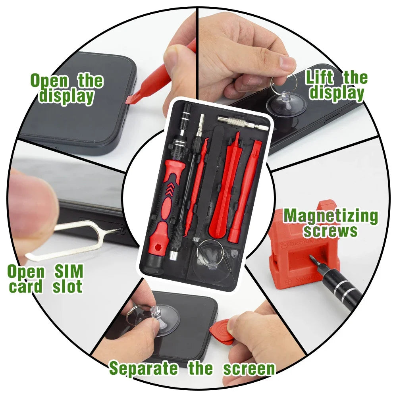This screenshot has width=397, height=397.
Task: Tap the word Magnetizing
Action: [330, 216]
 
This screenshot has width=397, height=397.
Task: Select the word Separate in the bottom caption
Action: [144, 368]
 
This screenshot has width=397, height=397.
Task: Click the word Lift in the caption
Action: [320, 78]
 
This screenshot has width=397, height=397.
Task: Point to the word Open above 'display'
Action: [50, 81]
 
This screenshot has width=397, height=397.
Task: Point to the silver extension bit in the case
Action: [243, 122]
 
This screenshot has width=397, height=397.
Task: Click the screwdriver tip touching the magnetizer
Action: [314, 262]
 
